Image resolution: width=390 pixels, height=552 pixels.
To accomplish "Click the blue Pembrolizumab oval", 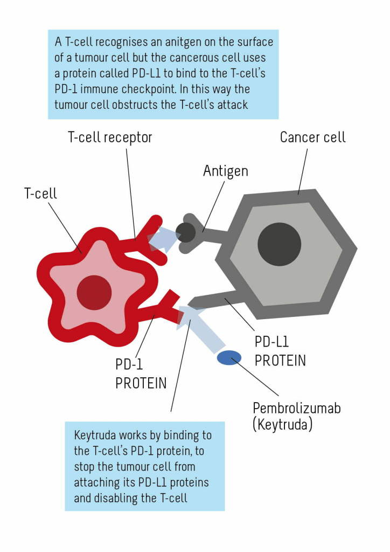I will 229,357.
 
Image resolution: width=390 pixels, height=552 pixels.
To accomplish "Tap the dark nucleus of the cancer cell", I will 279,244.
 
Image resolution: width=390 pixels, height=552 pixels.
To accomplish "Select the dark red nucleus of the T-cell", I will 94,293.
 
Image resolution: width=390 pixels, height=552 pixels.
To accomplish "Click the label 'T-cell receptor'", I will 110,137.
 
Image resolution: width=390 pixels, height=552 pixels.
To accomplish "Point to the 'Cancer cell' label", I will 312,137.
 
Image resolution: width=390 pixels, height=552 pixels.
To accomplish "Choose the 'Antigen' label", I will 226,171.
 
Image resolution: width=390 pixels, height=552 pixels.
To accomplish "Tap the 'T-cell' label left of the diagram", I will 40,193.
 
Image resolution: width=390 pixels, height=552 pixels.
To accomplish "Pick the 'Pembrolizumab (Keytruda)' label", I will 296,416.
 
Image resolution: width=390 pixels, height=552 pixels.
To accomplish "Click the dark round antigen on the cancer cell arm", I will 186,232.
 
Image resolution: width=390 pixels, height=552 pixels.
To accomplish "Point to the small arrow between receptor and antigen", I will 165,237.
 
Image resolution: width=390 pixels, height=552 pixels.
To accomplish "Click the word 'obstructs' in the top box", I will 135,104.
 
